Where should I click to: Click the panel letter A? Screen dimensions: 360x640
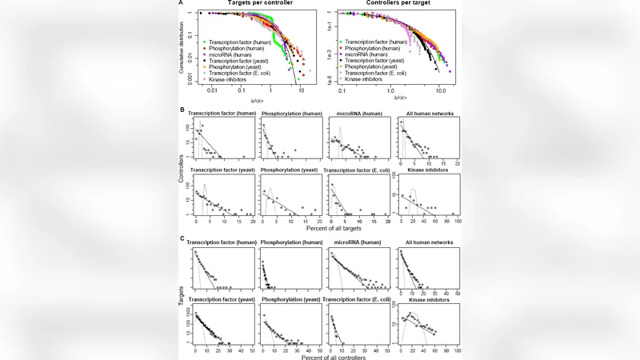(182, 4)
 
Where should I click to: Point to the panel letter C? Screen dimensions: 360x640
(182, 239)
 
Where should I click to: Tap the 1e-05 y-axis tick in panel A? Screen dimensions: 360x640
(331, 78)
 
